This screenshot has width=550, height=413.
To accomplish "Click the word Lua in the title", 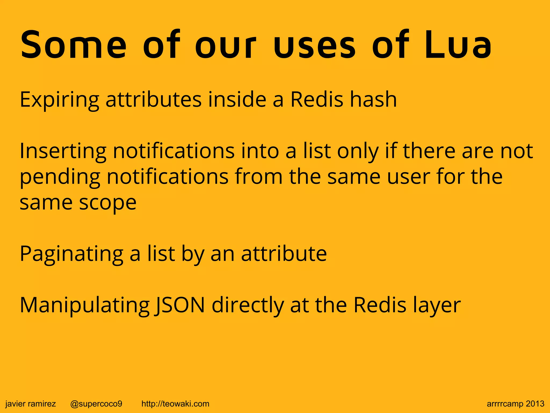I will [x=458, y=45].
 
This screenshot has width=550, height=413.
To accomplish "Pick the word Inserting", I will [x=63, y=151].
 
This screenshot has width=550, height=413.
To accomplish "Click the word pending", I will [x=60, y=177].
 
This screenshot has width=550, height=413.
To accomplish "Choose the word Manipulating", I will [x=84, y=306].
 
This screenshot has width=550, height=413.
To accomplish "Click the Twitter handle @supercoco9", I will [x=96, y=404].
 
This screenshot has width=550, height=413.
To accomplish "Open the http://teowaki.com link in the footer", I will [x=175, y=404].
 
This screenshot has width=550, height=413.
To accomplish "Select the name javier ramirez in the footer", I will [x=31, y=404].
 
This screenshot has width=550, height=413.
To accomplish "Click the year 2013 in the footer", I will [x=535, y=404].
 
